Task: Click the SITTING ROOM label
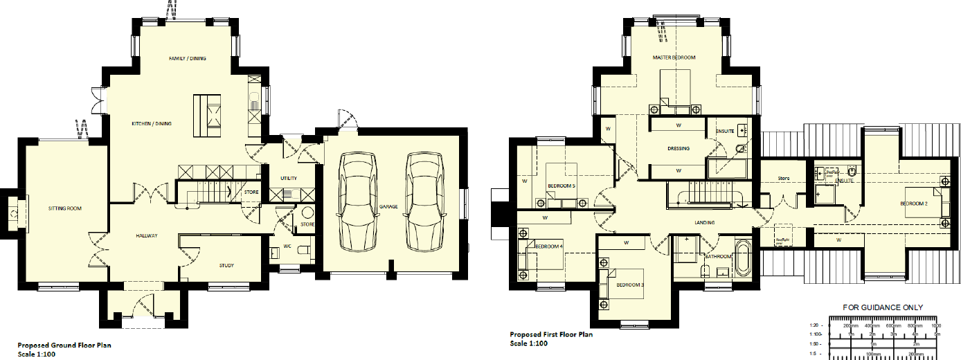point(65,208)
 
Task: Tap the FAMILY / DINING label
point(188,59)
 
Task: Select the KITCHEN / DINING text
point(152,124)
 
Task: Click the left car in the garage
point(357,201)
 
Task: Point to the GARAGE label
point(388,206)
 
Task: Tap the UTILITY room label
point(289,179)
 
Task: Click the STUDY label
point(227,265)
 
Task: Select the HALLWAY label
point(147,236)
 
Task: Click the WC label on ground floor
point(287,246)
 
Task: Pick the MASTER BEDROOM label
point(674,57)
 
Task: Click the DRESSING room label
point(677,148)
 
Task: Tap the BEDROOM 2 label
point(913,204)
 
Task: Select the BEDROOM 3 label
point(630,285)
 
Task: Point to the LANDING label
point(705,222)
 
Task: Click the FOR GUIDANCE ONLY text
point(882,308)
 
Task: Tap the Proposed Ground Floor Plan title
point(64,345)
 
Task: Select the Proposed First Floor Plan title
point(551,334)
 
